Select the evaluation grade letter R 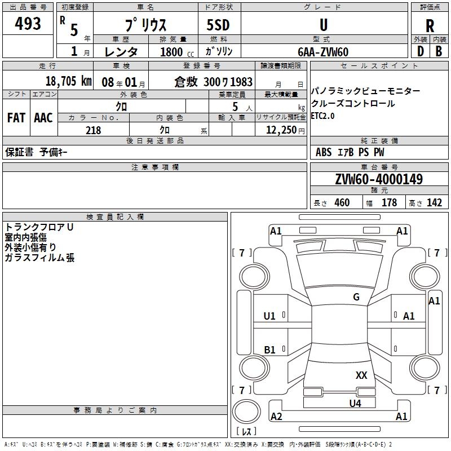point(430,25)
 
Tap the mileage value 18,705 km point(68,81)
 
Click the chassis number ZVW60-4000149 point(379,179)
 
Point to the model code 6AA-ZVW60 point(323,52)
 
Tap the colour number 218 point(93,130)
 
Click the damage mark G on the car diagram point(356,297)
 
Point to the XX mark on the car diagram point(361,375)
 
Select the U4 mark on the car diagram point(355,403)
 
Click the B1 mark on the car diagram point(270,350)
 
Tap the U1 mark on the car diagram point(269,316)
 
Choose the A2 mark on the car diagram point(276,417)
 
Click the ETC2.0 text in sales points point(322,116)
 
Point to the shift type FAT point(16,117)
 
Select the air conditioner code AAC point(43,117)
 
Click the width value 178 point(389,203)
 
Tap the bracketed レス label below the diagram point(246,431)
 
